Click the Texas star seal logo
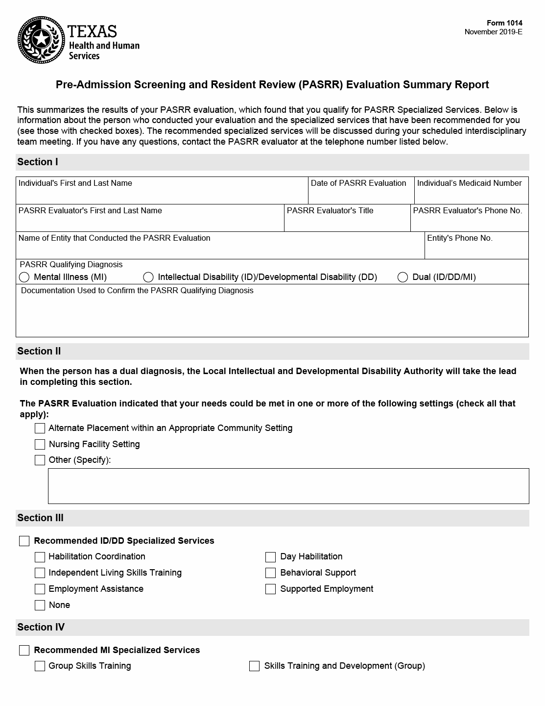pos(41,40)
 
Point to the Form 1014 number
pos(504,23)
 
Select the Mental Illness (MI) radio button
pos(24,277)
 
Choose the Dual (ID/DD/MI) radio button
pos(403,277)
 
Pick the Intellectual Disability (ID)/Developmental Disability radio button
pos(148,277)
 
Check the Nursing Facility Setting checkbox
pos(40,445)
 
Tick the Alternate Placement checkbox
pos(40,429)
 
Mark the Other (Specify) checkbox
pos(40,460)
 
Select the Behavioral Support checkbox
pos(271,573)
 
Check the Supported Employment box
pos(271,589)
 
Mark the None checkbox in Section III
pos(40,605)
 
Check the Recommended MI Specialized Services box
pos(24,651)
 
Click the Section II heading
pos(39,352)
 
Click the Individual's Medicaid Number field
pos(471,195)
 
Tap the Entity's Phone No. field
pos(476,250)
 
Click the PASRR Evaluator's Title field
pos(347,223)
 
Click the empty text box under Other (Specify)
pos(288,486)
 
